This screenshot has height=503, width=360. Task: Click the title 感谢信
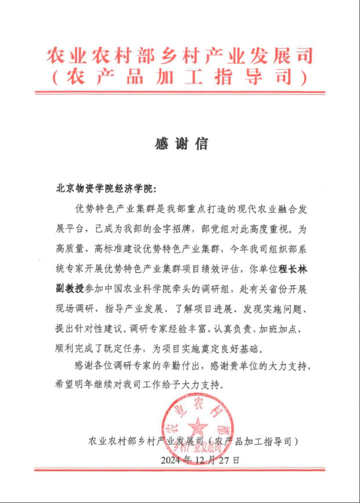(181, 144)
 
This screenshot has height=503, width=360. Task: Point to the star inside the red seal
(198, 427)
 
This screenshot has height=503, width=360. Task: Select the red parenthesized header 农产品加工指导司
(180, 77)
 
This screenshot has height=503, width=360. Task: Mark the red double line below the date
(180, 470)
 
